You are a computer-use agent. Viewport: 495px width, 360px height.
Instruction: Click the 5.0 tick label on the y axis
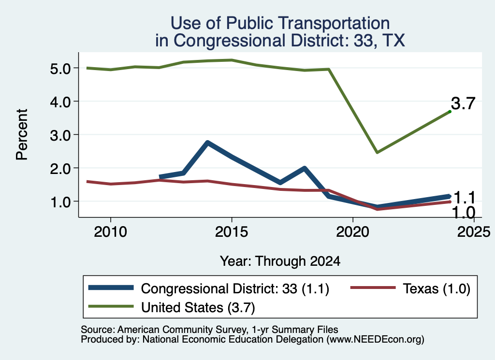click(x=60, y=69)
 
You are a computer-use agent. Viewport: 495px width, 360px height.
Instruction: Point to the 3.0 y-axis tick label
click(x=60, y=135)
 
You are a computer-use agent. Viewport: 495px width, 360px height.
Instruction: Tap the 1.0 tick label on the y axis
click(x=60, y=202)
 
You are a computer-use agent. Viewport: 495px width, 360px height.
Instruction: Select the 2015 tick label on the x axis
click(x=232, y=232)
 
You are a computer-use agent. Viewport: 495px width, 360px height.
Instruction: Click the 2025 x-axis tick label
click(x=474, y=232)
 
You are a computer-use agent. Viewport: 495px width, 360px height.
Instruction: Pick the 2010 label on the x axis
click(x=111, y=232)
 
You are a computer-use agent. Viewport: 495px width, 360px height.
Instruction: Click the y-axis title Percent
click(x=22, y=134)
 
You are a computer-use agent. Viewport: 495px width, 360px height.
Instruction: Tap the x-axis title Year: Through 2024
click(x=280, y=261)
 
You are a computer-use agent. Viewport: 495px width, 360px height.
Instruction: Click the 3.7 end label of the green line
click(x=463, y=103)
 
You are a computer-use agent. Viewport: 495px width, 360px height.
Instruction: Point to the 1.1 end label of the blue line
click(x=464, y=198)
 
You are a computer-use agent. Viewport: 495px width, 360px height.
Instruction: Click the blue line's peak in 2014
click(x=207, y=143)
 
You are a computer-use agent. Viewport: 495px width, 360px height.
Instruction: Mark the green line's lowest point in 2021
click(x=377, y=152)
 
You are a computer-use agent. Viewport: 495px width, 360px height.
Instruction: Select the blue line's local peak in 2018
click(x=305, y=168)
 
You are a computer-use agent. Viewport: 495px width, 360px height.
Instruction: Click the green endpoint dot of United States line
click(x=450, y=112)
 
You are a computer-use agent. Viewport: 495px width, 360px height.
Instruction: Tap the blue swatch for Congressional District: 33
click(x=111, y=288)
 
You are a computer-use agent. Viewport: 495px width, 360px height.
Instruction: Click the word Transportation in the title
click(x=335, y=23)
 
